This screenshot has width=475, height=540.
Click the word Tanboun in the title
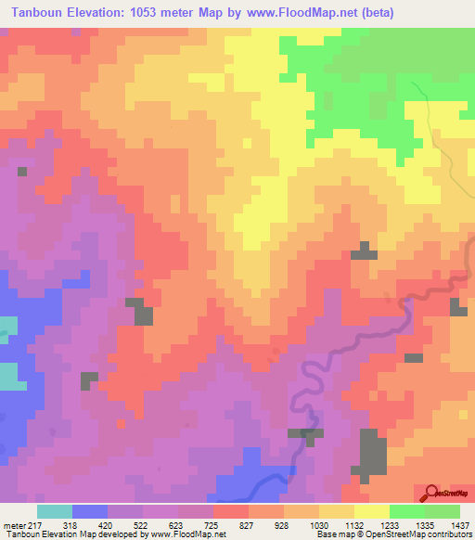click(38, 13)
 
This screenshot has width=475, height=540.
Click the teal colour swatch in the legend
click(55, 511)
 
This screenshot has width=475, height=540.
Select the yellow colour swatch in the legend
click(372, 511)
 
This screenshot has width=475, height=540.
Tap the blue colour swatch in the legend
click(90, 511)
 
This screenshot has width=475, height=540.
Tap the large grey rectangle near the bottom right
click(372, 455)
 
